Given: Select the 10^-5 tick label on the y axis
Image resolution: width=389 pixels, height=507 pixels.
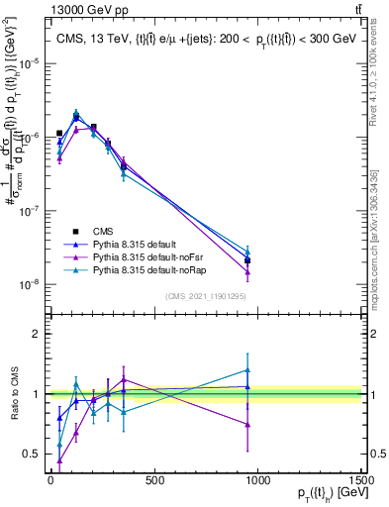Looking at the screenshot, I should point(27,62).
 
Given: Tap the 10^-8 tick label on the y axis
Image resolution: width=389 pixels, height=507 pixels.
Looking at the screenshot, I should point(27,284).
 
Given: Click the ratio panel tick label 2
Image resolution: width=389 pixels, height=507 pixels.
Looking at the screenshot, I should point(36,334).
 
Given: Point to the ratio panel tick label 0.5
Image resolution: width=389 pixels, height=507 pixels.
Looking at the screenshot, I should point(32,455).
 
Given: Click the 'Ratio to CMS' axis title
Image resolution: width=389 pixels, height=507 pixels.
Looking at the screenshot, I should point(13,395).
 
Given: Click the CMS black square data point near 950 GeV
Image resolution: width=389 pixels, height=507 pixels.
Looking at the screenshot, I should point(247,260).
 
